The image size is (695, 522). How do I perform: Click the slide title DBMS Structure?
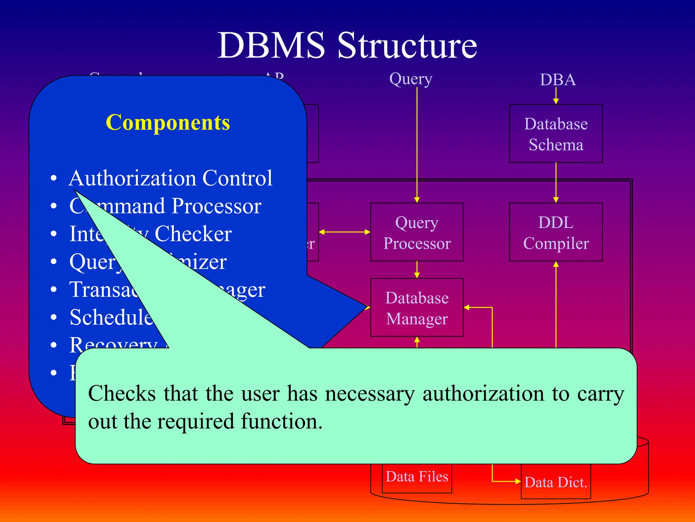347,46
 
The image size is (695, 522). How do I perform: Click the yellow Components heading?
168,122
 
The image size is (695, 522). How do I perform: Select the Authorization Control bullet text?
170,178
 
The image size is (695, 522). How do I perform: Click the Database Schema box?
556,134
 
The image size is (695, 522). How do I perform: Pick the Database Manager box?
417,308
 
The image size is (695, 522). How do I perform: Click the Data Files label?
417,476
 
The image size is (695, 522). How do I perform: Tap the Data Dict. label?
556,482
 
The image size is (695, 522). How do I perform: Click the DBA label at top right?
558,80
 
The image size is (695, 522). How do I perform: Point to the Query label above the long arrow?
411,79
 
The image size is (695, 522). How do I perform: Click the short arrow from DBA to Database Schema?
556,95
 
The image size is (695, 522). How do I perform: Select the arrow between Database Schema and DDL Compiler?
556,182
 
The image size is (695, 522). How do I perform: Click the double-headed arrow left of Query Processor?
344,232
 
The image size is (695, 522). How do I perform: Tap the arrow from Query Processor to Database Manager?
417,270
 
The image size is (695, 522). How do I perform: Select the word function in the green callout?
281,421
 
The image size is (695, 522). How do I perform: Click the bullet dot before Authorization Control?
53,178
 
